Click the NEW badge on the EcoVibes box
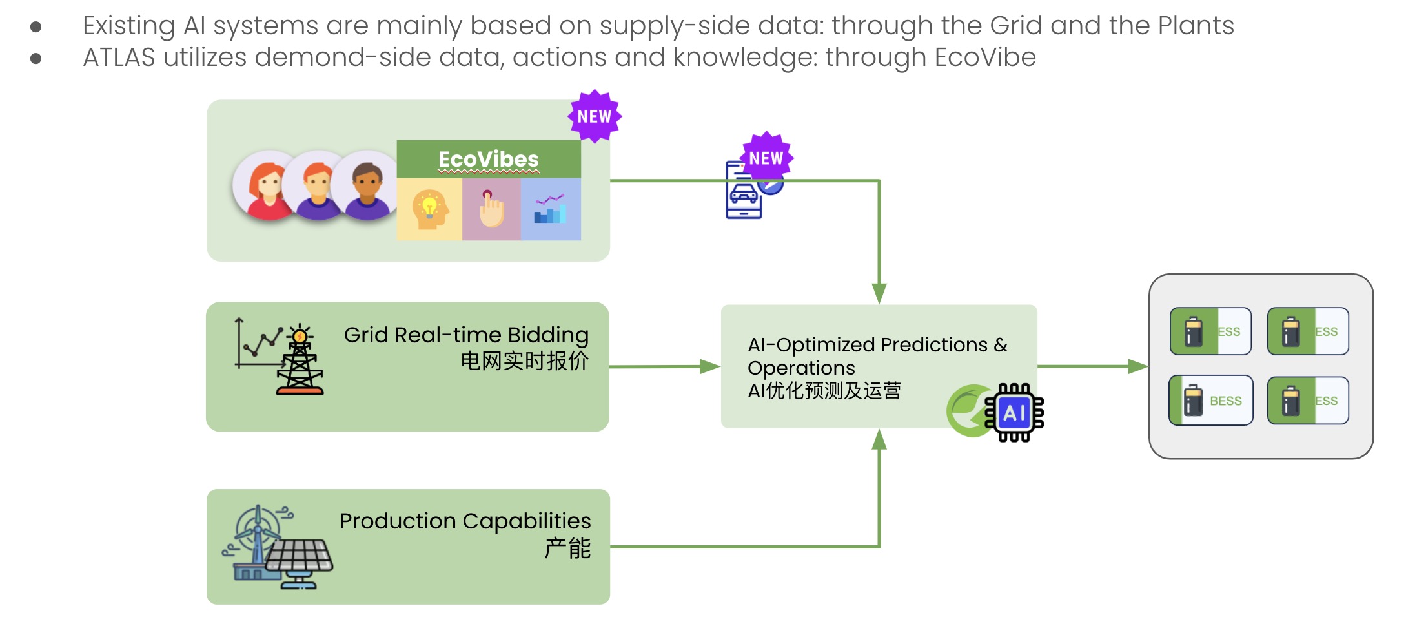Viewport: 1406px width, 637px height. coord(594,117)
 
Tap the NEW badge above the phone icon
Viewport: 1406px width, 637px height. coord(766,158)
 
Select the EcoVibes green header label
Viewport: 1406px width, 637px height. coord(489,159)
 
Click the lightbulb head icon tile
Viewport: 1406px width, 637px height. coord(429,209)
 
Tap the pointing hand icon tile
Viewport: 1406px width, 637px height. coord(491,209)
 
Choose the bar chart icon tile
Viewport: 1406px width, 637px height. coord(551,209)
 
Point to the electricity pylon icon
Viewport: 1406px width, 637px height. coord(299,362)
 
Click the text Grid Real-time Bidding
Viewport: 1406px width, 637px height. coord(466,335)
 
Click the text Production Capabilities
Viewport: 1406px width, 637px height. coord(465,521)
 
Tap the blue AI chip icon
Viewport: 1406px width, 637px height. coord(1014,413)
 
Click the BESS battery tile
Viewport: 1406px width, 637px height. coord(1211,401)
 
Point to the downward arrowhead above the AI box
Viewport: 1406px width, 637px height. coord(879,293)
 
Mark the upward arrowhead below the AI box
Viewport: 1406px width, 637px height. coord(879,440)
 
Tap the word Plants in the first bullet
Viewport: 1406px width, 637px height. coord(1196,26)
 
